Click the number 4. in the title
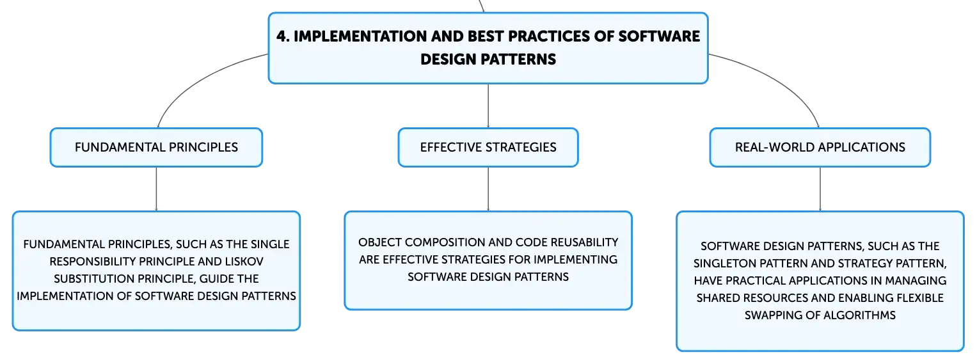283,36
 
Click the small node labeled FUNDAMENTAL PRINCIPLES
156,147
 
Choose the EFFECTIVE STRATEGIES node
488,147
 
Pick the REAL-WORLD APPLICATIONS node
820,147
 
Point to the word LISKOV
244,262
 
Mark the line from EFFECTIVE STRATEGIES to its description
488,189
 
